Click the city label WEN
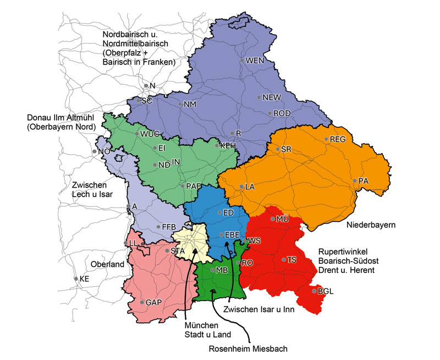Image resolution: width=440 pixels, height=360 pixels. [255, 61]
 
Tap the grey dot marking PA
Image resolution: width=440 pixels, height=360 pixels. [355, 181]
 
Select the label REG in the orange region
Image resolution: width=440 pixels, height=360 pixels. [337, 140]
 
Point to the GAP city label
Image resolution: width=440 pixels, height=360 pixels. [153, 303]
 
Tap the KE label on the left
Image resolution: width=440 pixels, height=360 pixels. [84, 279]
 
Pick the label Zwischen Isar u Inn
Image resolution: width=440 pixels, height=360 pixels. [260, 309]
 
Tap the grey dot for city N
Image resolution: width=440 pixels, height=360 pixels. [146, 85]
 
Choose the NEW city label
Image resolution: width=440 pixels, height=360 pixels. [272, 97]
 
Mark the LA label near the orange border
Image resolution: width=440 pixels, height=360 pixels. [250, 187]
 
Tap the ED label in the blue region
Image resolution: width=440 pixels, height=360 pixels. [228, 213]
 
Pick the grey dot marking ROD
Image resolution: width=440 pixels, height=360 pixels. [269, 113]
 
